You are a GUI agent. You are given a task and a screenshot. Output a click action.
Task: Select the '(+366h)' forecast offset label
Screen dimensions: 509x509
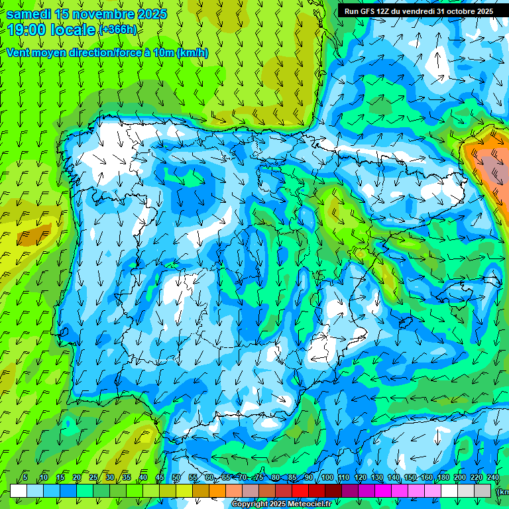point(118,30)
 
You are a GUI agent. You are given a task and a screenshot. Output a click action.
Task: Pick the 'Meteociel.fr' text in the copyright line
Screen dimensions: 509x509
point(310,504)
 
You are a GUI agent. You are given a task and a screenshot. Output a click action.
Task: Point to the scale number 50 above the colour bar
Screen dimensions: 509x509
point(176,477)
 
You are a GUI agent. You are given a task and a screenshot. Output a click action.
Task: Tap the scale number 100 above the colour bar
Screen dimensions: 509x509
point(327,477)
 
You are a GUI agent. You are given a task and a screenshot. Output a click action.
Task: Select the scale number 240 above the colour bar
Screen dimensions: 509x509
point(493,477)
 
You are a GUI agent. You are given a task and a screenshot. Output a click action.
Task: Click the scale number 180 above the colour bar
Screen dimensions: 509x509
point(443,477)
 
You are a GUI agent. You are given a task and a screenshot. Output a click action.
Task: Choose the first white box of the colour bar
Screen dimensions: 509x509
point(19,490)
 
